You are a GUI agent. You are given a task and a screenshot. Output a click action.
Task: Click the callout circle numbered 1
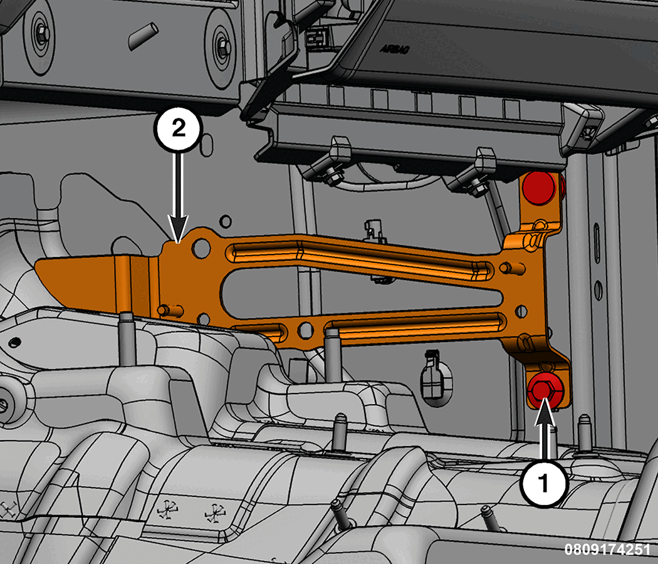(543, 483)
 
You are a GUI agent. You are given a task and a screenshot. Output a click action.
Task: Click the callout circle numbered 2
(179, 128)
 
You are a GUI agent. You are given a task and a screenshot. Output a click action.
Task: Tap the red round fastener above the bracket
(540, 187)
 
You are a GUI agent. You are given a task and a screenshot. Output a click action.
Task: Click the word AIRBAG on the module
(395, 49)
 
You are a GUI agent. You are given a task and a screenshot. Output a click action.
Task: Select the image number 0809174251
(607, 549)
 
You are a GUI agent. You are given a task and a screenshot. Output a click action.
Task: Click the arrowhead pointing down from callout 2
(179, 229)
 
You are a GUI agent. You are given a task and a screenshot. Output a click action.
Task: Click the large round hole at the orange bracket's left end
(201, 248)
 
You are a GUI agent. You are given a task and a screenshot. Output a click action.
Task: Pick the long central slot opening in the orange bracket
(361, 290)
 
